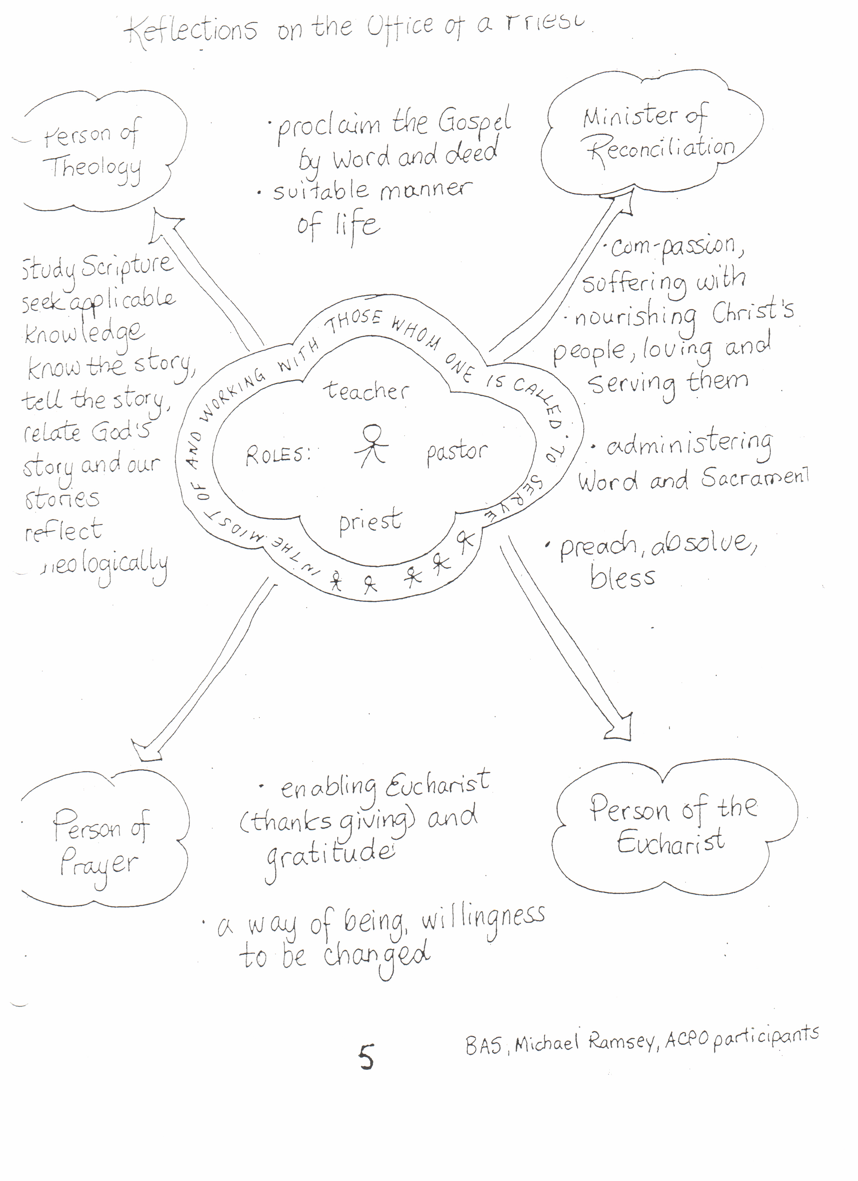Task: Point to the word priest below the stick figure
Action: click(x=370, y=521)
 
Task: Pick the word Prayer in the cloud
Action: click(x=99, y=864)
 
